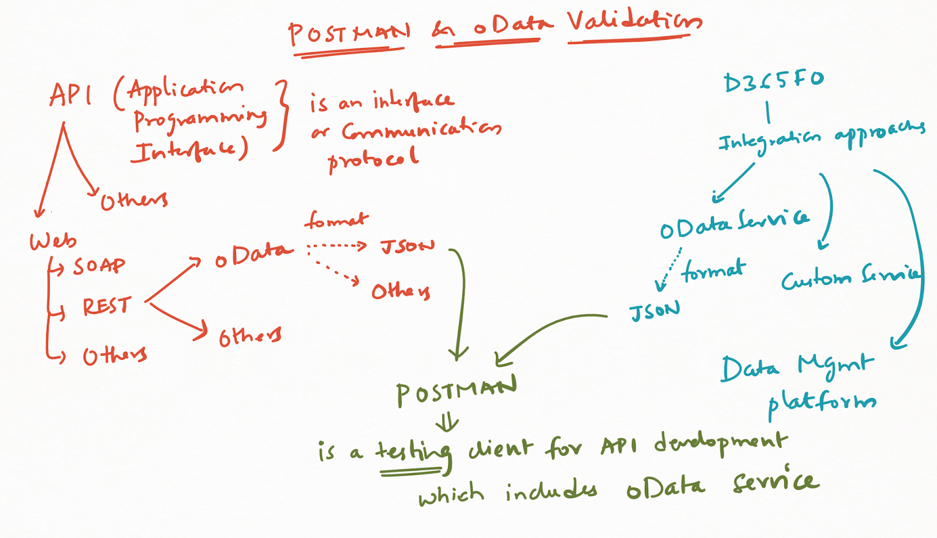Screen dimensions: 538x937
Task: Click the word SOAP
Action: click(98, 267)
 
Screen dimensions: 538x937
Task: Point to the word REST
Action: click(106, 306)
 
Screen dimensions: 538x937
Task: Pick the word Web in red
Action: click(53, 241)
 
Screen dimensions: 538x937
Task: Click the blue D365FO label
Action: click(773, 81)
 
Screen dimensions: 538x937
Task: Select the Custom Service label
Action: click(850, 277)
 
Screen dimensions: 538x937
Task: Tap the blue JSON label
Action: click(655, 312)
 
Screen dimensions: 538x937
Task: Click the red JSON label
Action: click(408, 246)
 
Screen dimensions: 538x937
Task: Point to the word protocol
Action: click(373, 158)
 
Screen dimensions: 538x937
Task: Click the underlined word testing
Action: click(413, 452)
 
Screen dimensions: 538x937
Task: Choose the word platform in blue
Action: click(822, 403)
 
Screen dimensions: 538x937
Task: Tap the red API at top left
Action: click(70, 95)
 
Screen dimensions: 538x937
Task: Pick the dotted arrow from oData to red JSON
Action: click(337, 246)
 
